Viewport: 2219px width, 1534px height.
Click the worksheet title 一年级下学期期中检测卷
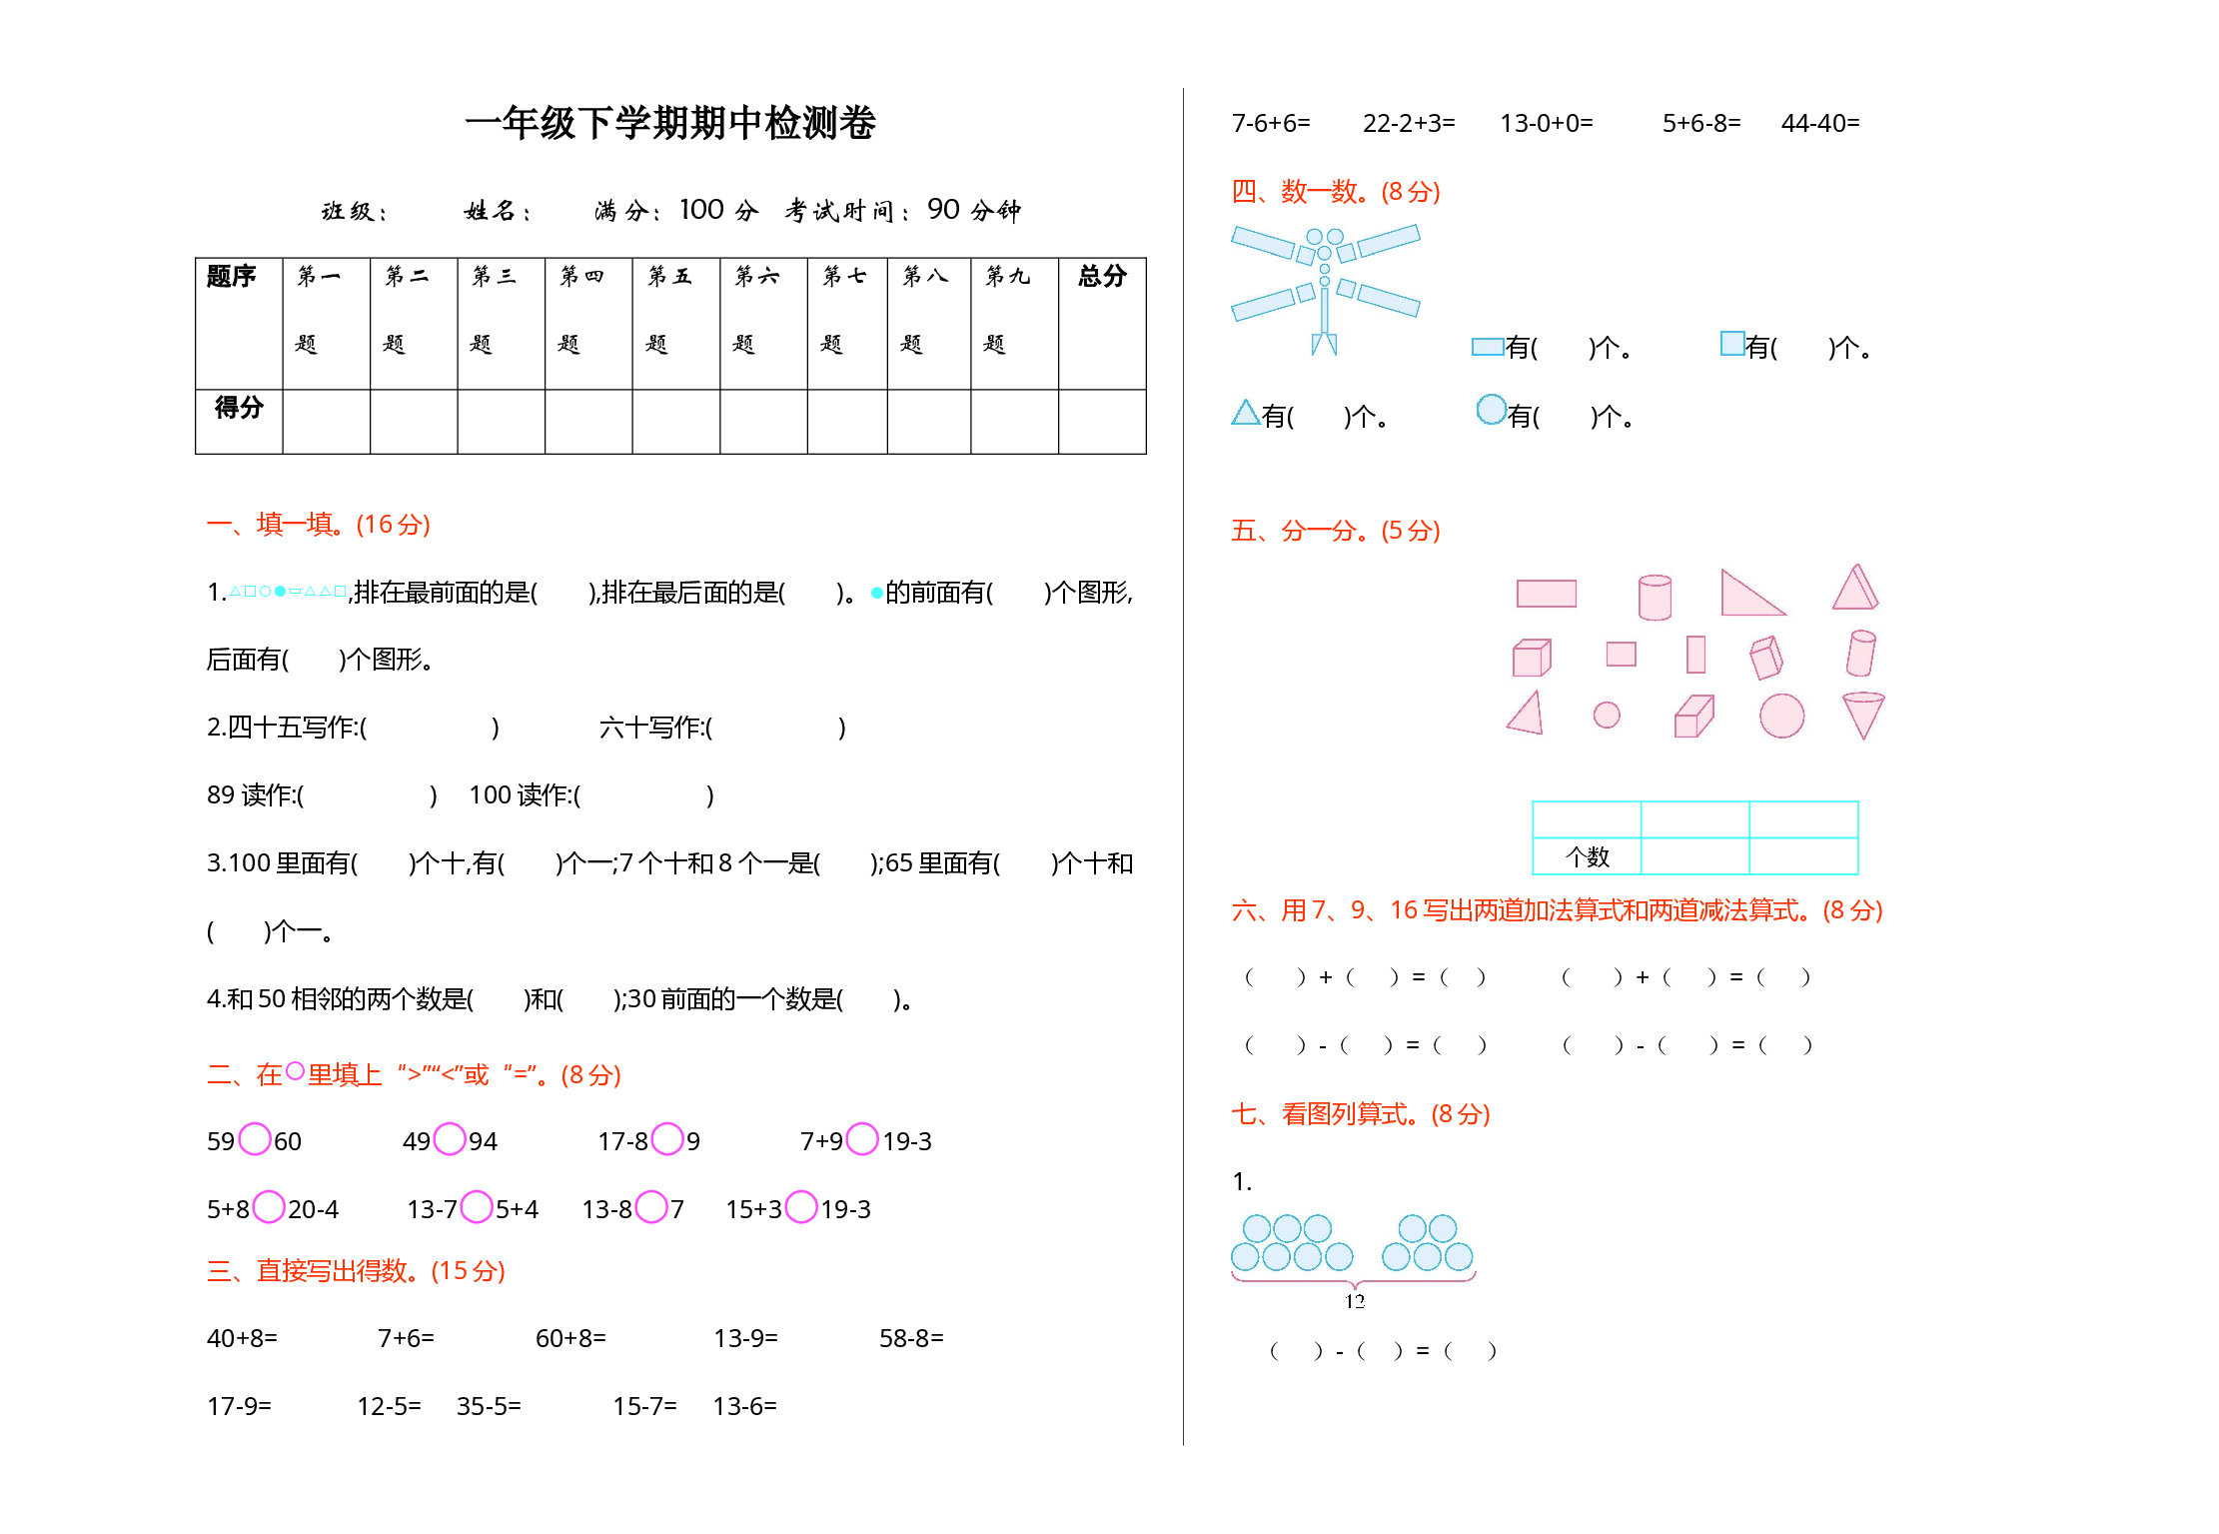(x=670, y=123)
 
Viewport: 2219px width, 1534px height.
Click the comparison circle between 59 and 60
(x=255, y=1138)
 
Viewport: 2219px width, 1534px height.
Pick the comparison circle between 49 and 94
(x=450, y=1138)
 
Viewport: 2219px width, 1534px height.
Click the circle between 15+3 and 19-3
(x=801, y=1206)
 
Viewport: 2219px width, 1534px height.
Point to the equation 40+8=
(x=242, y=1338)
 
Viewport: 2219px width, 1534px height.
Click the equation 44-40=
(x=1820, y=123)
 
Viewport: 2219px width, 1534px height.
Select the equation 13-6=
(x=744, y=1406)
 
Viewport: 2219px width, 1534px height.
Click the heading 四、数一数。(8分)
(x=1336, y=191)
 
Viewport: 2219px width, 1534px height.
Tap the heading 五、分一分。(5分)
(x=1336, y=530)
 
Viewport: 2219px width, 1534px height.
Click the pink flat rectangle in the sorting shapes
(x=1547, y=594)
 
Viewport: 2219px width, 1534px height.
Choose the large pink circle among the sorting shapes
(x=1781, y=716)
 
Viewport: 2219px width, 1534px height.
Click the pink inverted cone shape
(x=1863, y=715)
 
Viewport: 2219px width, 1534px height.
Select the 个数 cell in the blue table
(x=1587, y=856)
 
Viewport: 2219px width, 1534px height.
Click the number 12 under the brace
(x=1355, y=1300)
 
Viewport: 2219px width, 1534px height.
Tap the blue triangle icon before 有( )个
(x=1245, y=413)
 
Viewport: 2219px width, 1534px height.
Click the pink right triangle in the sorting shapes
(x=1751, y=593)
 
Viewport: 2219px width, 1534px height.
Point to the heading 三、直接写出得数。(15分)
(x=356, y=1270)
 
